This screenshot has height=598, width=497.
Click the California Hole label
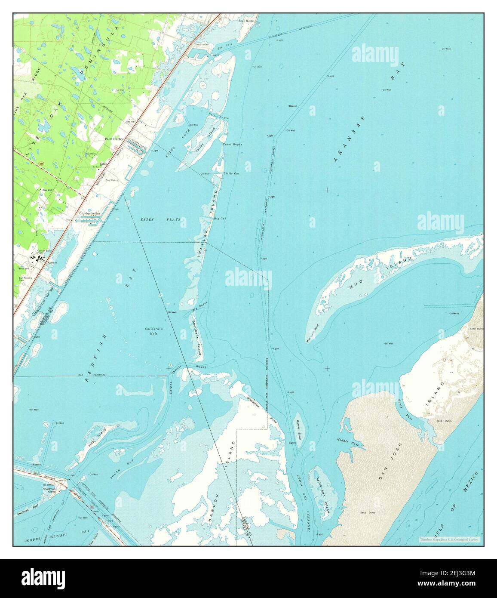pyautogui.click(x=154, y=331)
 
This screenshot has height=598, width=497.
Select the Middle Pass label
pyautogui.click(x=345, y=439)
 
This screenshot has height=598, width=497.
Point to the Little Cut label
pyautogui.click(x=231, y=173)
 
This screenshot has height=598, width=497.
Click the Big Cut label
pyautogui.click(x=220, y=219)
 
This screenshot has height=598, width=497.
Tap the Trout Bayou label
pyautogui.click(x=232, y=145)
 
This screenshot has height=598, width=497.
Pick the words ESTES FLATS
pyautogui.click(x=160, y=219)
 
